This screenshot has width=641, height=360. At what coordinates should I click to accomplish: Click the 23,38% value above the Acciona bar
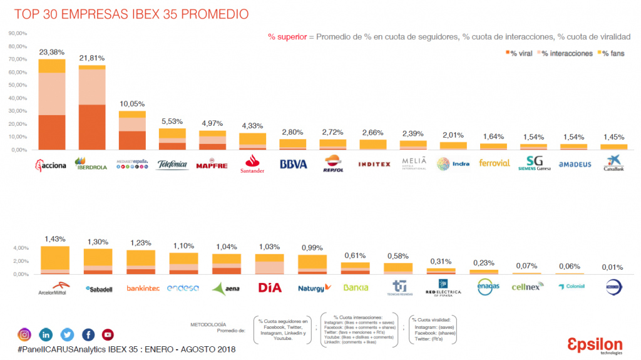(51, 52)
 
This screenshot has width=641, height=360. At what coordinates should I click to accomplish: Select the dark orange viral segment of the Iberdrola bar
(92, 127)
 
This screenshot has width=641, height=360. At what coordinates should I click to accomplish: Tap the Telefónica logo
(172, 164)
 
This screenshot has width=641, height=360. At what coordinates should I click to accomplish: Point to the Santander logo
(253, 164)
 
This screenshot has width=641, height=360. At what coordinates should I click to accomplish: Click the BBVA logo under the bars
(294, 164)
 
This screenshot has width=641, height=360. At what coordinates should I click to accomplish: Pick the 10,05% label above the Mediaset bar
(132, 104)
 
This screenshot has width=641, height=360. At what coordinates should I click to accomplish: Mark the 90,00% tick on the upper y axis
(18, 33)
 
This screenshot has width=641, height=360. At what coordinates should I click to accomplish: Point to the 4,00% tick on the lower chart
(19, 248)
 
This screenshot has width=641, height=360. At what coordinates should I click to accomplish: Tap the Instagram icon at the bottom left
(24, 335)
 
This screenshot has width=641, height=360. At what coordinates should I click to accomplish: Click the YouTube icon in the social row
(108, 335)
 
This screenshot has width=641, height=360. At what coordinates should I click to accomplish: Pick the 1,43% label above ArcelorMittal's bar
(54, 239)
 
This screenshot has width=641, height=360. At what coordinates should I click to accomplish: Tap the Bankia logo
(355, 287)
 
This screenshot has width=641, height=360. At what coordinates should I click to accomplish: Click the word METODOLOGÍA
(208, 324)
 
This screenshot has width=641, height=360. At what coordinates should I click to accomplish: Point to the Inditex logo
(374, 164)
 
